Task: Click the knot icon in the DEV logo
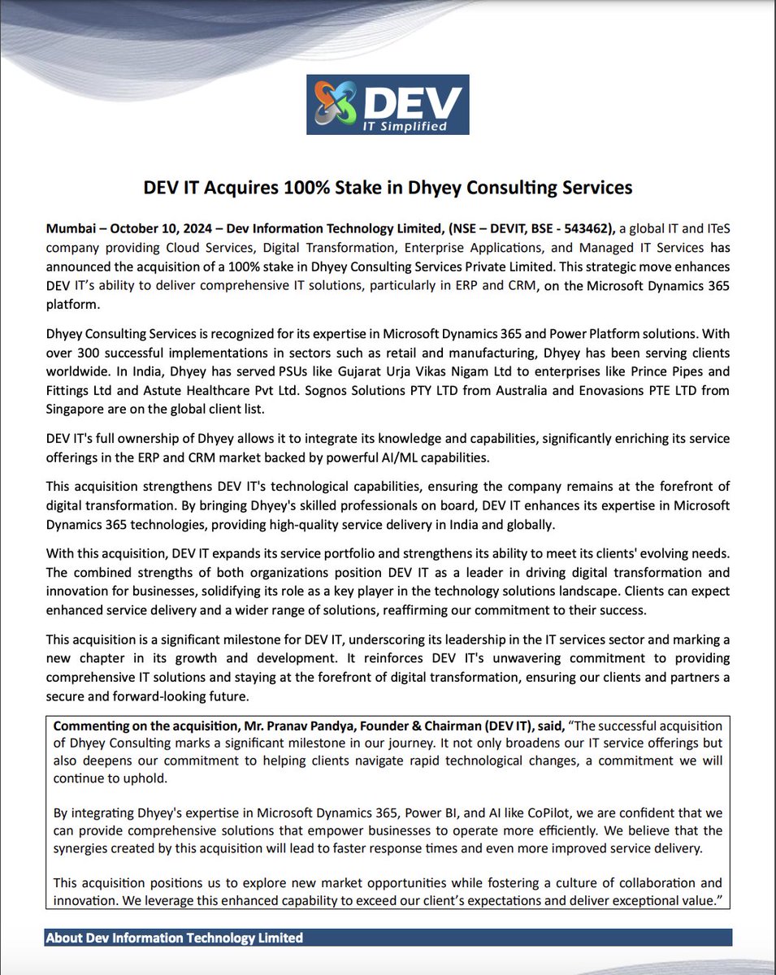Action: pos(335,103)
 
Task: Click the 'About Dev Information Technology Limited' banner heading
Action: pos(174,938)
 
